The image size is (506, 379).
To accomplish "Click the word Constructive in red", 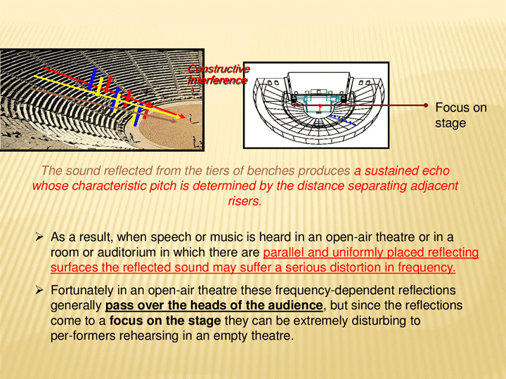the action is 219,69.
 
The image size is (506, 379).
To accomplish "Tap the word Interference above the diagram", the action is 217,80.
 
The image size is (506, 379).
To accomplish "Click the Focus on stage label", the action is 461,115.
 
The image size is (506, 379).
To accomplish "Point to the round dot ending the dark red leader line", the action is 426,105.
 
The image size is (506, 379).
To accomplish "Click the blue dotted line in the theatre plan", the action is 342,119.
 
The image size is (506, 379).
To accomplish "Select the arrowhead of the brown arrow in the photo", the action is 174,121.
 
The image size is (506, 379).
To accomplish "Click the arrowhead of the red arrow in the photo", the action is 182,117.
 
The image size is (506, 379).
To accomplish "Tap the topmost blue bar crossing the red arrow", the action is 92,79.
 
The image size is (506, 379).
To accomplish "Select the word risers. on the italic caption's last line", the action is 245,201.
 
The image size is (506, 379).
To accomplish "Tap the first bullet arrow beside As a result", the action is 39,237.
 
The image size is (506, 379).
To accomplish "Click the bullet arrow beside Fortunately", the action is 39,290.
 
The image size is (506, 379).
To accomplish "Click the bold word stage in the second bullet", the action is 205,321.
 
